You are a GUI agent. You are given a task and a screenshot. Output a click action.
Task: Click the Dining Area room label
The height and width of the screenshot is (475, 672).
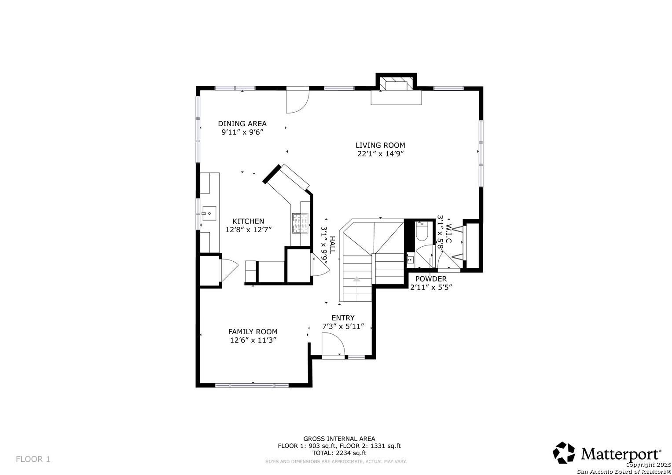(242, 124)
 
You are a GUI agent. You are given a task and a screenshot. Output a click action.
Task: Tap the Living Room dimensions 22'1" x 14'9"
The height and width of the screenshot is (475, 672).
(380, 154)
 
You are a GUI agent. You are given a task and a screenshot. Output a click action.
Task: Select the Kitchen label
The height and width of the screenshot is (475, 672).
(248, 221)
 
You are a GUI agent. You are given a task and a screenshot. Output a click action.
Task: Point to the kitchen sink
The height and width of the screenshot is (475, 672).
(209, 213)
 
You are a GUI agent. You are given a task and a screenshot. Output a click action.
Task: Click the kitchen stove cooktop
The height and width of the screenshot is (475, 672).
(300, 223)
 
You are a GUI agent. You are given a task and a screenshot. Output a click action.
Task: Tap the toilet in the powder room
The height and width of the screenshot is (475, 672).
(422, 231)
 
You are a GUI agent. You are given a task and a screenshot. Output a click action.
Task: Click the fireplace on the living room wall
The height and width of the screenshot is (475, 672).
(397, 85)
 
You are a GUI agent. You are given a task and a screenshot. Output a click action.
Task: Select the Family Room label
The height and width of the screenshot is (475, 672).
(253, 332)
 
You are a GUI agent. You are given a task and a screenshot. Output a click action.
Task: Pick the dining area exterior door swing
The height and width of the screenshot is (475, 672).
(297, 100)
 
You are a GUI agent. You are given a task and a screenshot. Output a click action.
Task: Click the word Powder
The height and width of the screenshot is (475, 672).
(431, 279)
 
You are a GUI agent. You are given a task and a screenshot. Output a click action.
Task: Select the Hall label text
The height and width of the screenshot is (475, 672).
(332, 245)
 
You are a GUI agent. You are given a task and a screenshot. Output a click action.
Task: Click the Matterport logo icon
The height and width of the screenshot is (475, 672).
(564, 453)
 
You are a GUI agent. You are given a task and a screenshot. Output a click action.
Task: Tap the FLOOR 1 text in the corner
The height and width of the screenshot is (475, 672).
(33, 459)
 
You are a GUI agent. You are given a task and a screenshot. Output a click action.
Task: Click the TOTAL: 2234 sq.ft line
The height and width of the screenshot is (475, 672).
(339, 453)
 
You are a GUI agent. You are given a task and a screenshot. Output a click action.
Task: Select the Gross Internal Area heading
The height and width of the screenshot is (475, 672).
(339, 439)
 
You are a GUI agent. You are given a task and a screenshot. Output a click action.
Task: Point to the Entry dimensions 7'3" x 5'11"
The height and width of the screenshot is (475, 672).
(343, 326)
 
